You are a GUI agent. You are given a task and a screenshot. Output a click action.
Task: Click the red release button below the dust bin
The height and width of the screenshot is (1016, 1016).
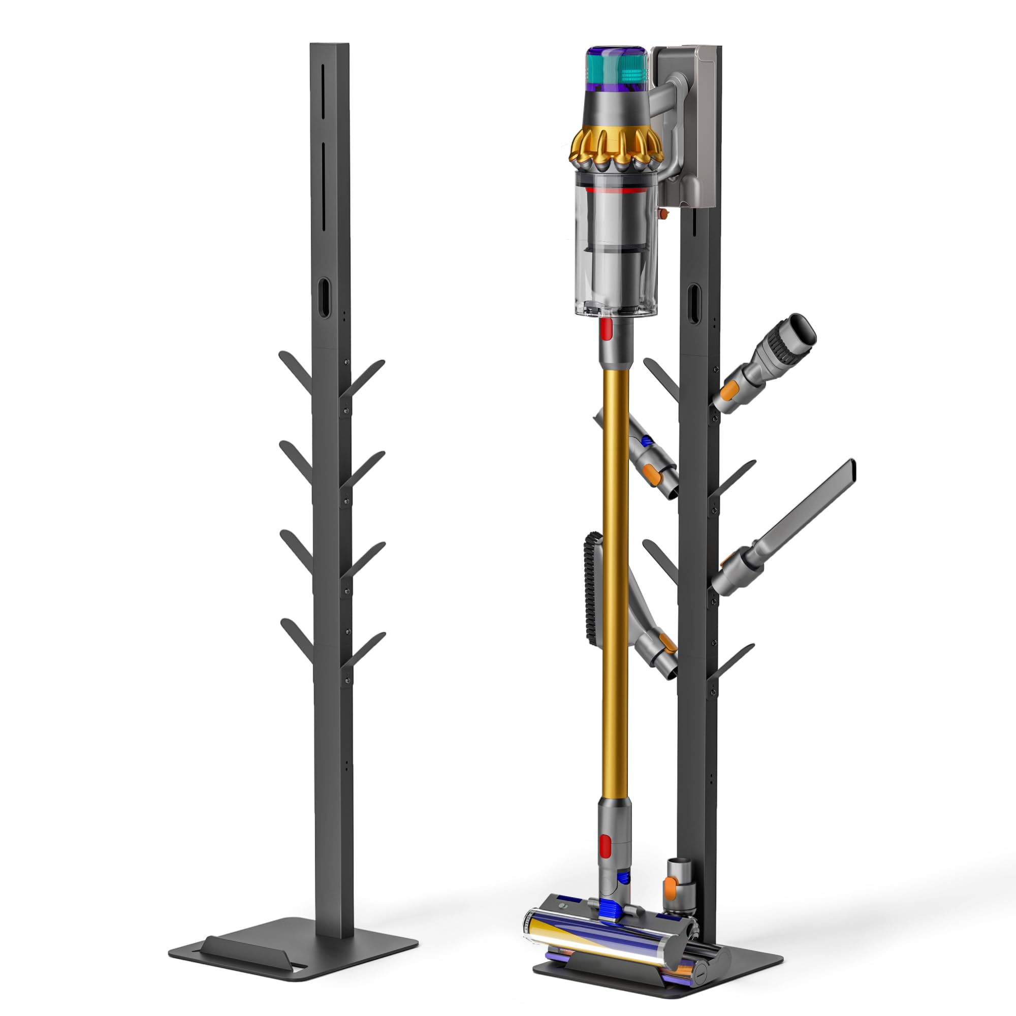click(x=604, y=330)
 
